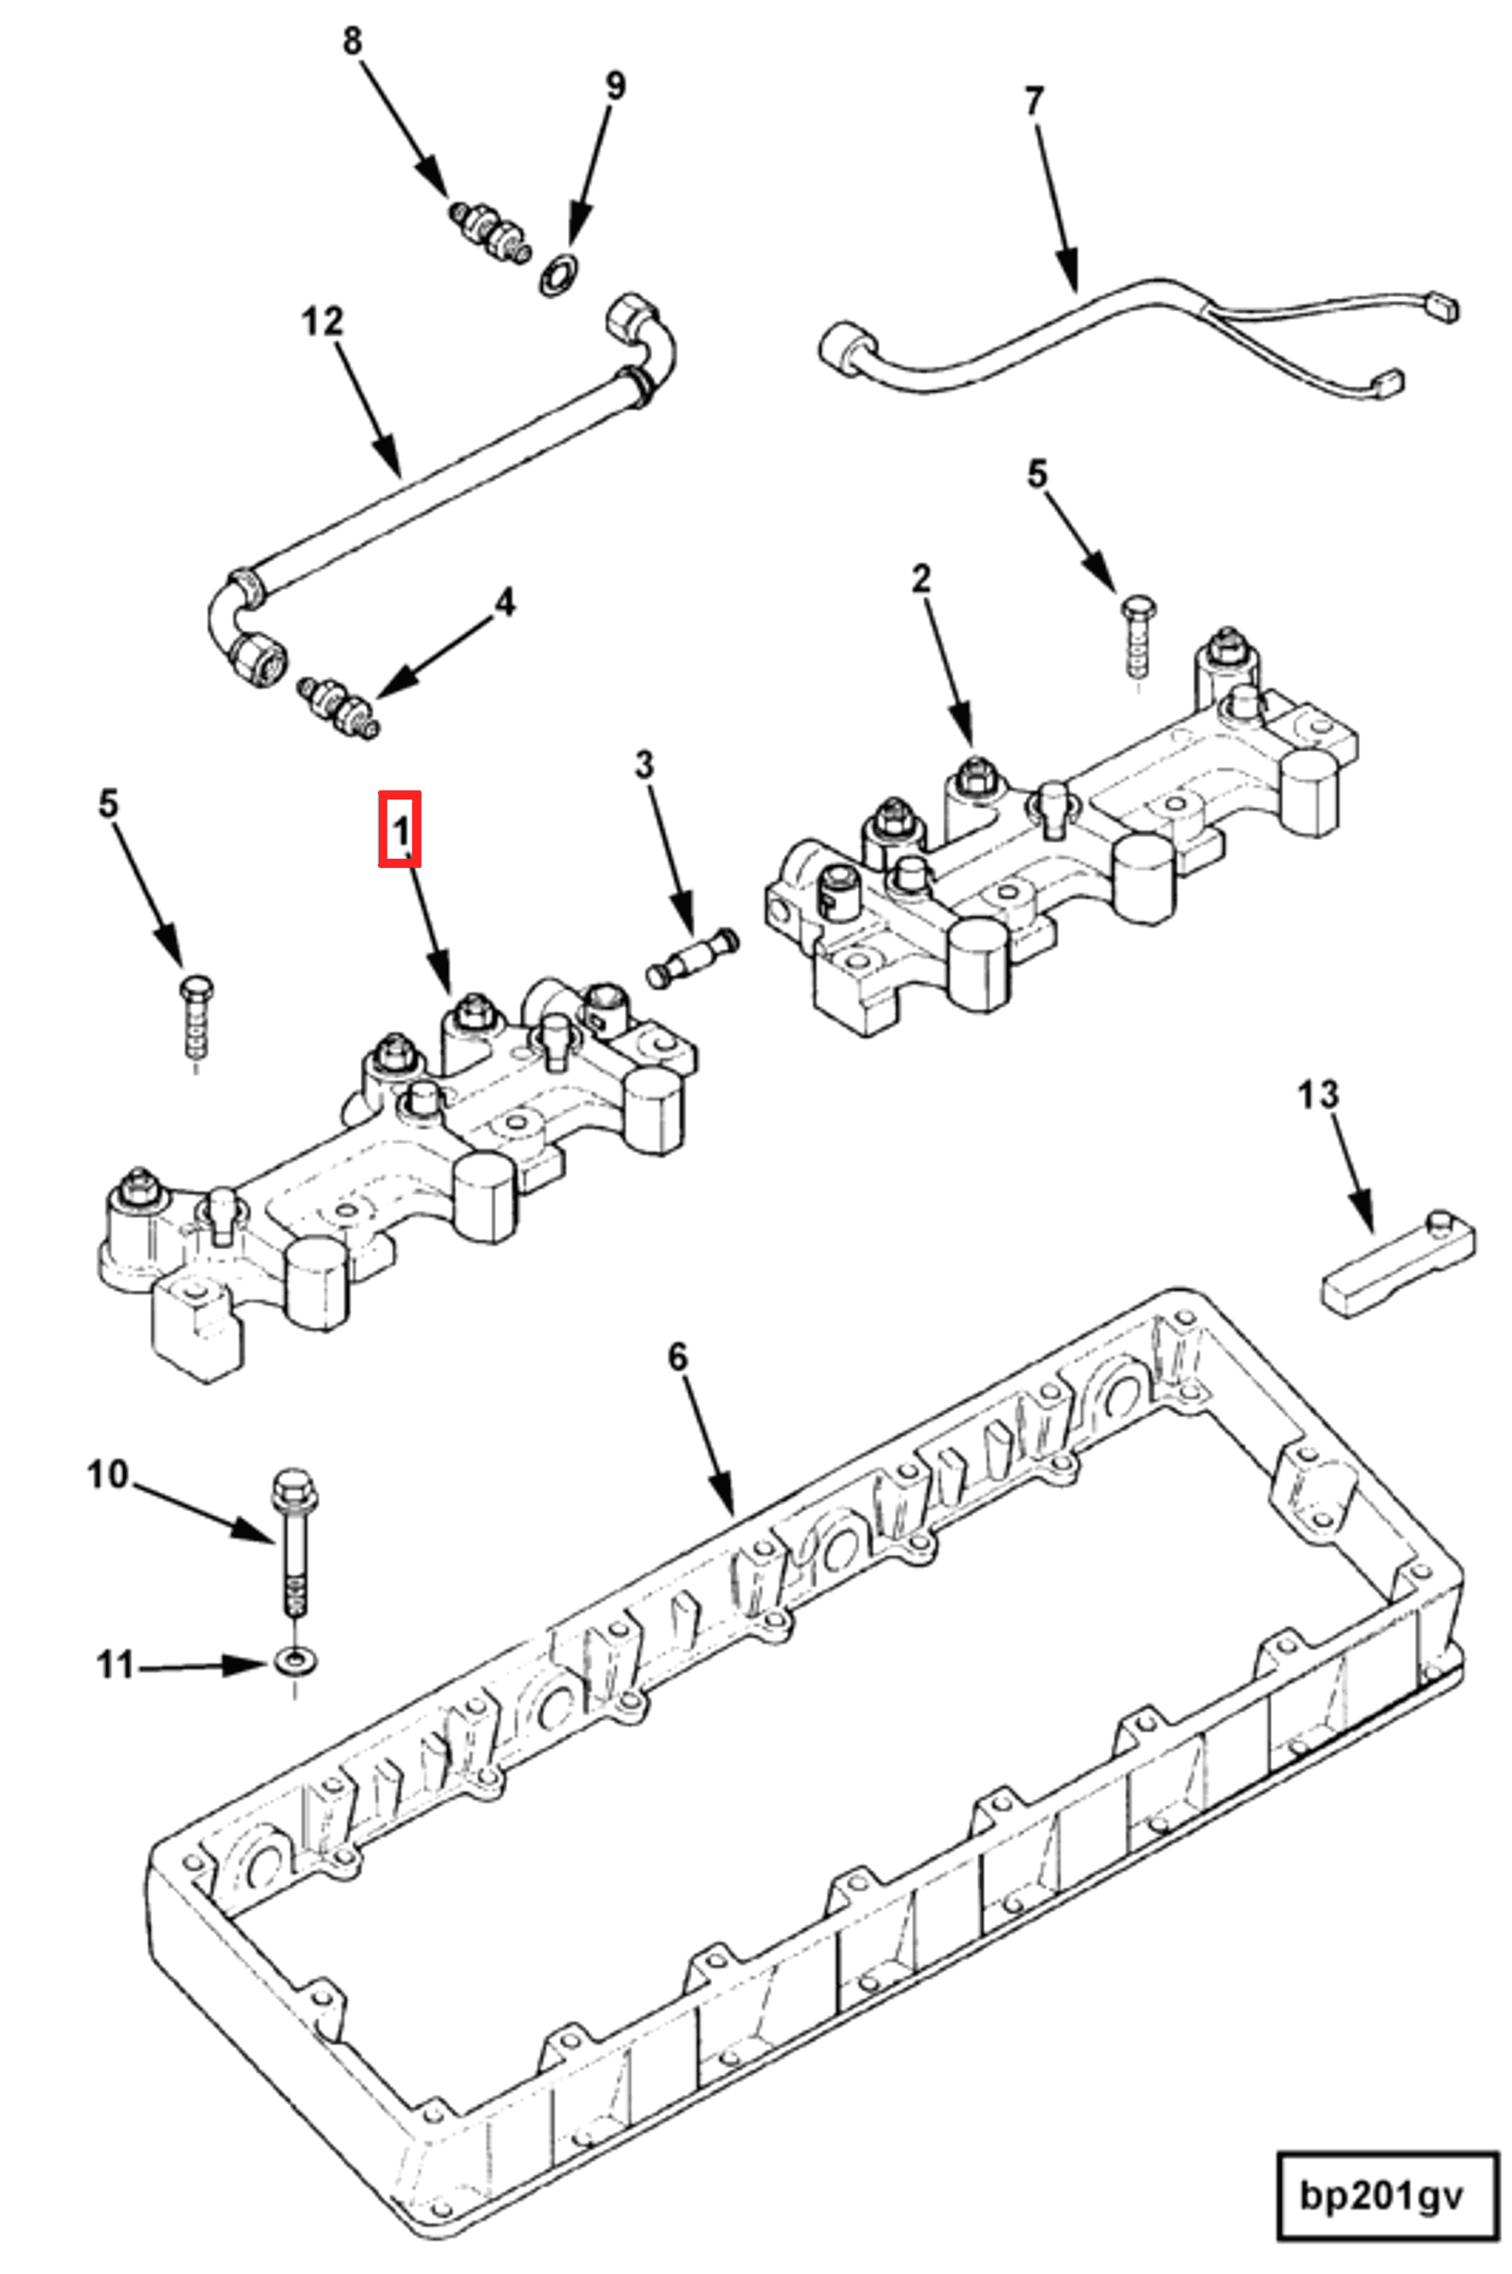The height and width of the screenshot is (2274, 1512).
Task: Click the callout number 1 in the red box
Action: (x=400, y=828)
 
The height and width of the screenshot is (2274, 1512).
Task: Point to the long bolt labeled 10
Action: (x=292, y=1544)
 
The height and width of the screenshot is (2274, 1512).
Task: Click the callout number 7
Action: (x=1034, y=100)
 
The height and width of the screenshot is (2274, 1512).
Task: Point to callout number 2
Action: (x=921, y=579)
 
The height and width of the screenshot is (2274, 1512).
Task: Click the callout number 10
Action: (x=107, y=1475)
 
